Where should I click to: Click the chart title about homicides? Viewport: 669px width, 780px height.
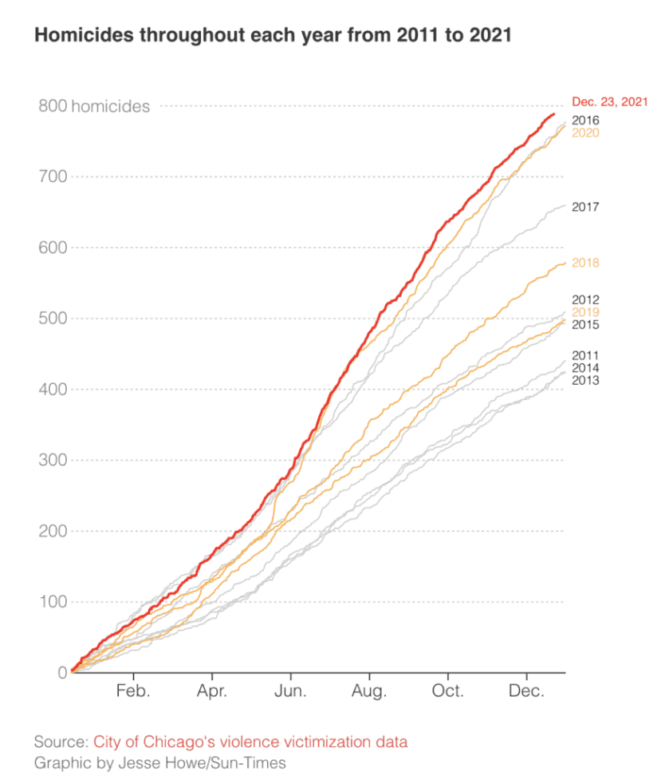pos(272,36)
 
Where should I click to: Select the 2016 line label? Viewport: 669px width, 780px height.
pos(585,121)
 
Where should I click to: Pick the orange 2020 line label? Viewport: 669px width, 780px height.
pos(585,133)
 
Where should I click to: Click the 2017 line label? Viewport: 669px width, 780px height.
pos(585,207)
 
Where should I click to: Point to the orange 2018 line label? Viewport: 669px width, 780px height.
pos(585,263)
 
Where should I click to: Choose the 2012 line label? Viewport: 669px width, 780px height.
pos(585,299)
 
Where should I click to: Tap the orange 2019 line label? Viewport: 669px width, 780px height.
pos(585,312)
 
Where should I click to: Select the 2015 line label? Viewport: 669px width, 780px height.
pos(585,325)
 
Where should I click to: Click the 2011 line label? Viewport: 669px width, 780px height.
pos(585,355)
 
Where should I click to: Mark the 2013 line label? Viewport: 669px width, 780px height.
pos(585,380)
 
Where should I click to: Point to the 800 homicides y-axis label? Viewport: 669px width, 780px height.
pos(93,106)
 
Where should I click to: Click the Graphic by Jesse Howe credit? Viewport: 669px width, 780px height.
pos(159,762)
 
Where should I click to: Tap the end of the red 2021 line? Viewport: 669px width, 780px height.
pos(554,114)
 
